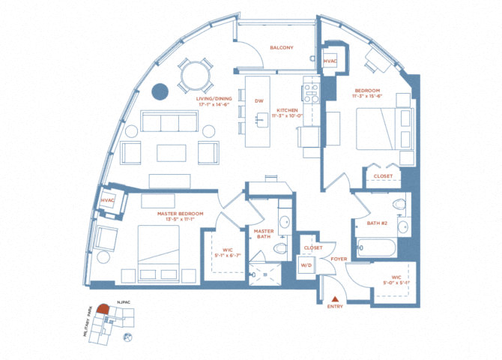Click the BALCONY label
pos(281,48)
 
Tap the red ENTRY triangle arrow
pos(333,300)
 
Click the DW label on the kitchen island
pos(258,100)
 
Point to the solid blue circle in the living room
pos(160,91)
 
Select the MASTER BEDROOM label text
pos(180,214)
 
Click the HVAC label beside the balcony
pos(330,61)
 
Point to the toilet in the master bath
pos(281,247)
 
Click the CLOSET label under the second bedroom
pos(382,178)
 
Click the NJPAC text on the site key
pos(124,303)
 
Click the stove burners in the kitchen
pos(310,92)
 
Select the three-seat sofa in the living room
pos(167,124)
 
